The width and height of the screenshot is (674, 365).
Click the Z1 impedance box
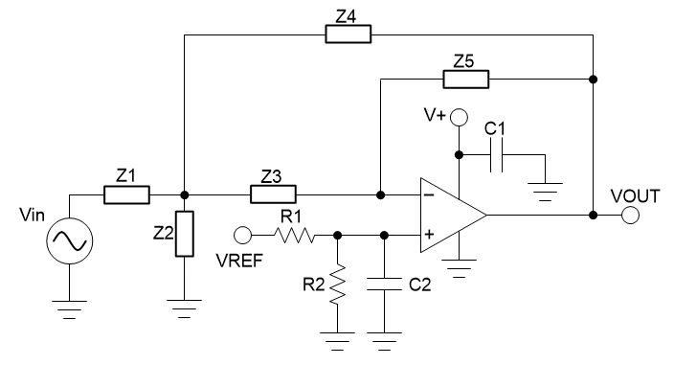126,195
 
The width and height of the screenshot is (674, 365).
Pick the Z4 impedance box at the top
347,35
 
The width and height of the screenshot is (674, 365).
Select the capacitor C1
496,154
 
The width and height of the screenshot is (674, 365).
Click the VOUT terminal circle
629,216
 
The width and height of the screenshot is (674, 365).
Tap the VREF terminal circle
247,234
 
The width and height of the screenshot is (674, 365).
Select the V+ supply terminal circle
459,118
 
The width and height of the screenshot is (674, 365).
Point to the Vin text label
33,218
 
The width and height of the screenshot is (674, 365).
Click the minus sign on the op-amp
429,195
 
